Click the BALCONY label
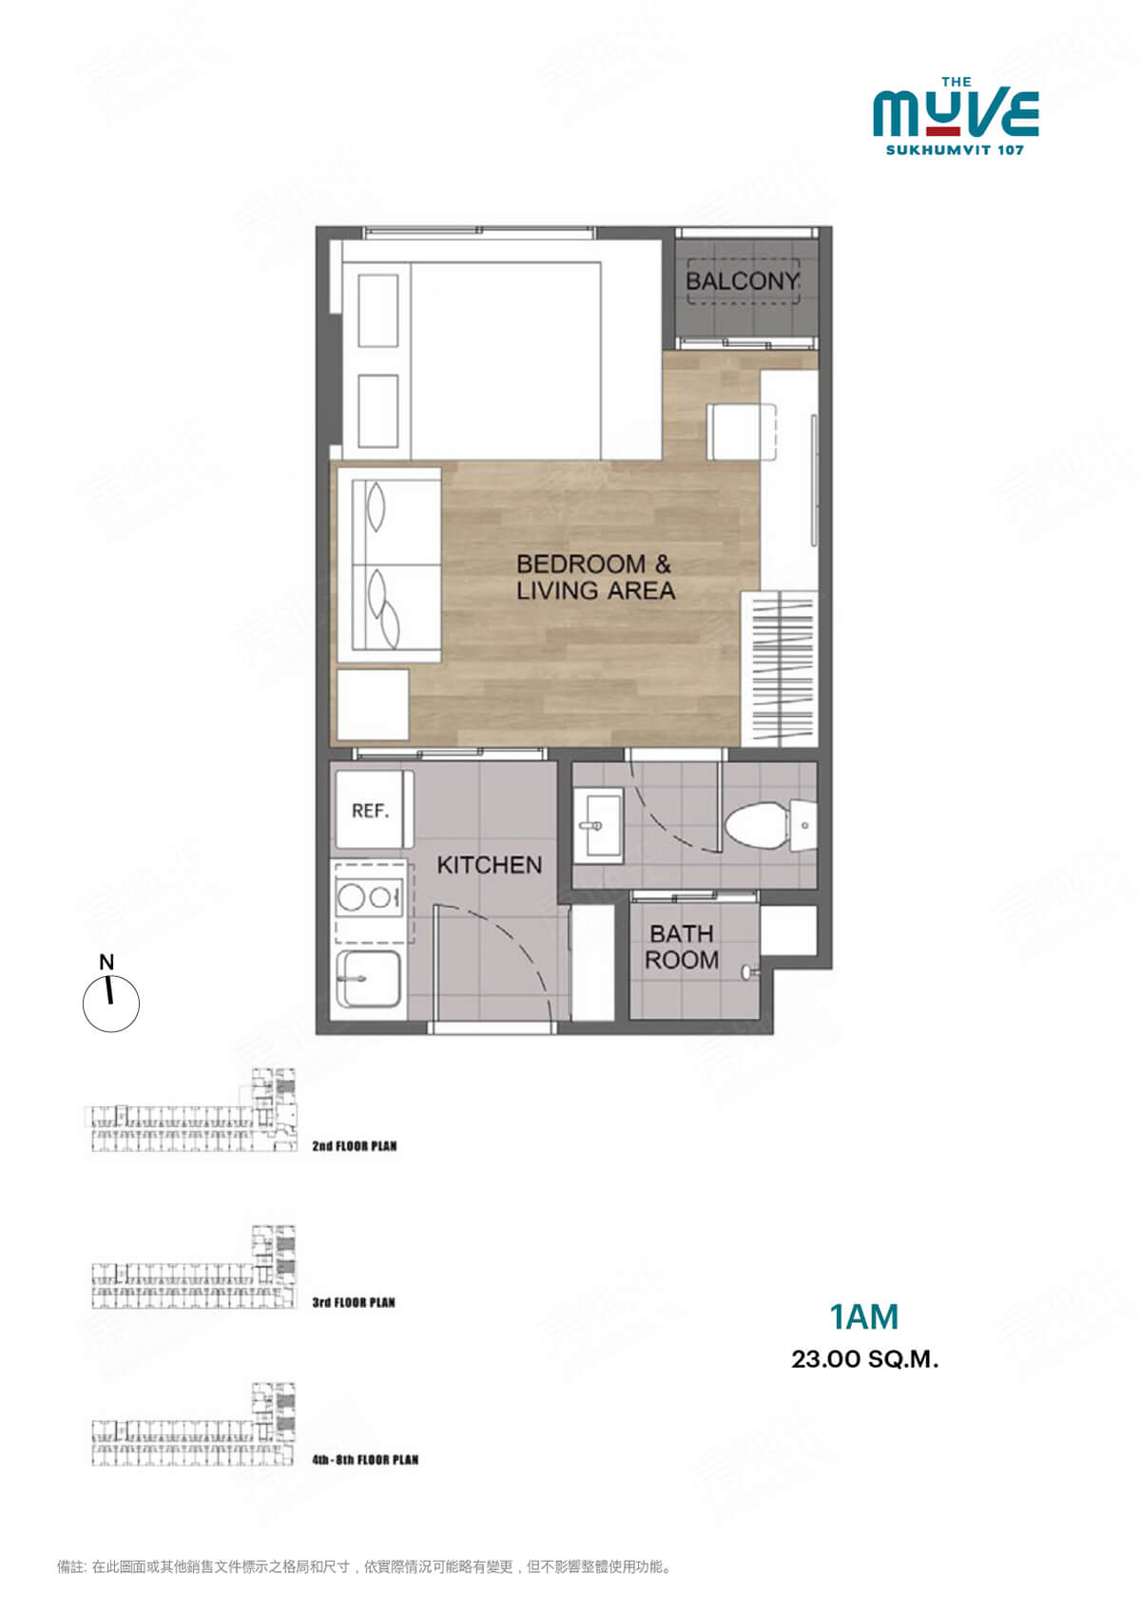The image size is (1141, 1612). pos(743,281)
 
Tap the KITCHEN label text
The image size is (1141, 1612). pos(489,865)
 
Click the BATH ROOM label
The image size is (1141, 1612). pos(682,948)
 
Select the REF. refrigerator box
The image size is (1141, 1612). pos(372,810)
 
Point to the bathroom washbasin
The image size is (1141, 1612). pos(599,825)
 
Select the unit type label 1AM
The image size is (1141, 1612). pos(863,1317)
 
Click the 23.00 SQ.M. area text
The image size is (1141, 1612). pos(864,1359)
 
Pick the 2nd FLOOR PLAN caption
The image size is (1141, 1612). pos(354,1146)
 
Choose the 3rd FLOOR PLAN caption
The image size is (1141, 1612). pos(353,1302)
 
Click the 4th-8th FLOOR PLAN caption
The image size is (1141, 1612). pos(364,1459)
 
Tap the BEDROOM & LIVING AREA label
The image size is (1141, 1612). pos(595,577)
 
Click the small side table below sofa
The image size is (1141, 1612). pos(373,704)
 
